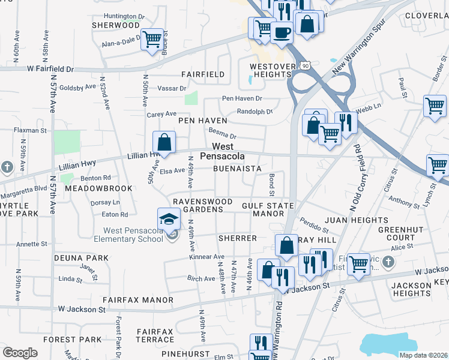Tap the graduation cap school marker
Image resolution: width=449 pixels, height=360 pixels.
(169, 218)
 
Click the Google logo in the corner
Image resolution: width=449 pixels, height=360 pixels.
(20, 352)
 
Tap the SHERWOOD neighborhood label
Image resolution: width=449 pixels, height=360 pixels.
(115, 25)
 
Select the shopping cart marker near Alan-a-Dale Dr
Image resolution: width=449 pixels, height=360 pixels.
(152, 39)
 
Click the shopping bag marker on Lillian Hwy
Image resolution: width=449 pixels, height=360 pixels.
(163, 143)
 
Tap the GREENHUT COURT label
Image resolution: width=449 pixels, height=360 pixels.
(396, 234)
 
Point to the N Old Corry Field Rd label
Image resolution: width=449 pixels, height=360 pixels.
(353, 178)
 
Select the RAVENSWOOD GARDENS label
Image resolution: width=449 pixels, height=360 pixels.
(198, 205)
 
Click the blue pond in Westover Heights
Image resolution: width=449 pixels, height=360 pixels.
(249, 80)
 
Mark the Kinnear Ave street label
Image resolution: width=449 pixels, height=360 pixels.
(206, 257)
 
